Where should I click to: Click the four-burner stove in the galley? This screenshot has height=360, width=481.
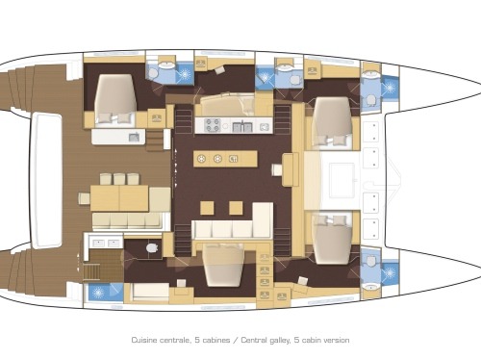213,125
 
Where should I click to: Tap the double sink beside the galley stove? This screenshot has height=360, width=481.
242,126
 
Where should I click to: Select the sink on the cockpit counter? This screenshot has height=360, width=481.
134,138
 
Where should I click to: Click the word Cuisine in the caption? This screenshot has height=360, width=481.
144,340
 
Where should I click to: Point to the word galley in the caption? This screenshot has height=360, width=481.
280,341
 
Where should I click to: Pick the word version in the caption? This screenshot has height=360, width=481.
336,340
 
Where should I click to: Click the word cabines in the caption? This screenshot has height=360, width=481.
216,340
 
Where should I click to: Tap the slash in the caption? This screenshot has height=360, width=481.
236,340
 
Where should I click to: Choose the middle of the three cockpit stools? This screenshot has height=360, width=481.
119,179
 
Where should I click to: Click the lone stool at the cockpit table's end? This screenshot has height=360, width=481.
85,198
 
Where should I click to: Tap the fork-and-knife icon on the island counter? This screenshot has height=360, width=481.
233,159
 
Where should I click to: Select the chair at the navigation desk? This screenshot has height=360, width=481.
277,169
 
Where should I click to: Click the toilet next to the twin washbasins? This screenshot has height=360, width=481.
152,247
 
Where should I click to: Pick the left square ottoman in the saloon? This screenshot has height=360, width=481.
207,208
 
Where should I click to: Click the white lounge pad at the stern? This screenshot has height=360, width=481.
47,181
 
